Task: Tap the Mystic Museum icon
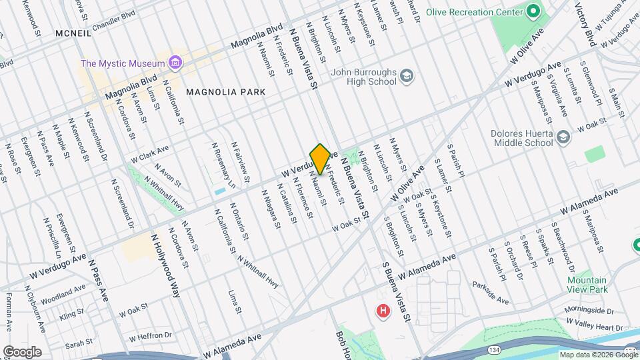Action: tap(175, 63)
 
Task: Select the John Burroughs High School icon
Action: tap(406, 77)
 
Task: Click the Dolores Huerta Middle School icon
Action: tap(563, 137)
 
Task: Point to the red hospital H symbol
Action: tap(383, 311)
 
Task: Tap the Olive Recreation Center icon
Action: tap(533, 11)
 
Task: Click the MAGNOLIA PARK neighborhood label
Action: tap(225, 92)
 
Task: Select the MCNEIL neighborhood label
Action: tap(73, 33)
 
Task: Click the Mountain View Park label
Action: tap(587, 285)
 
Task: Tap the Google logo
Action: tap(22, 351)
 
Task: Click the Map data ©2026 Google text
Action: tap(598, 355)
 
